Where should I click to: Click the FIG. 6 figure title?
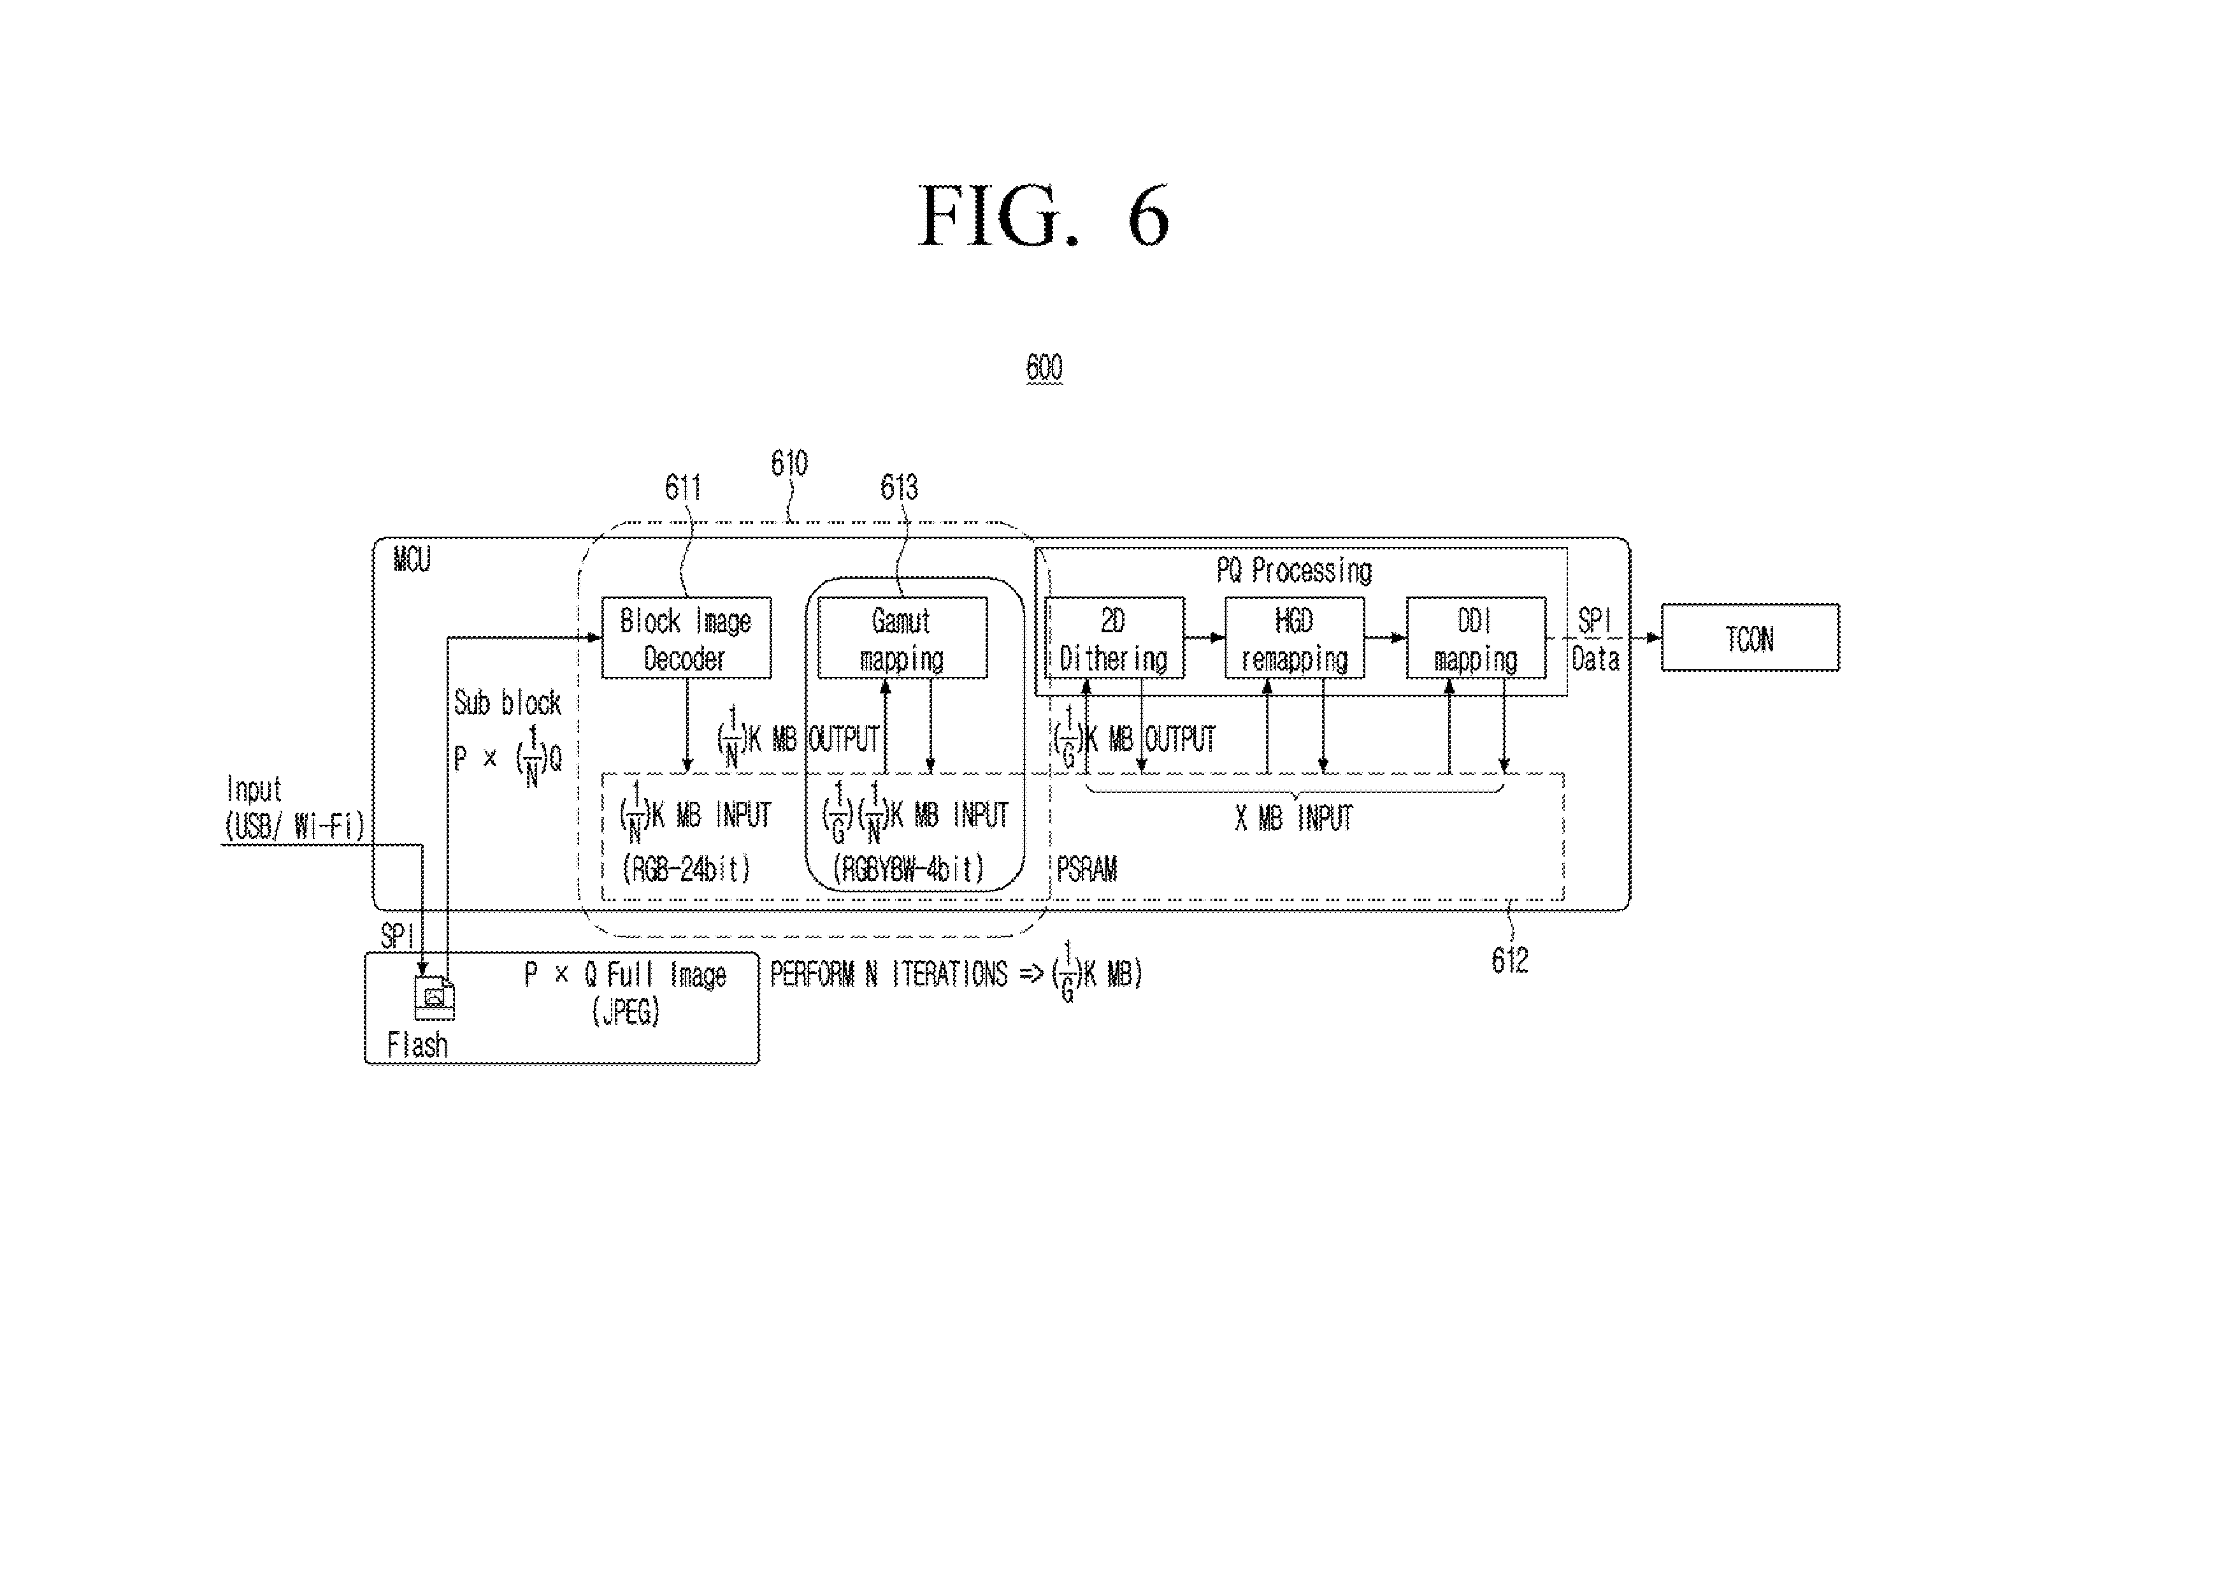(1044, 216)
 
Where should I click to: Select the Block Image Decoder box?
(686, 637)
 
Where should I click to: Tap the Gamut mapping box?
(902, 637)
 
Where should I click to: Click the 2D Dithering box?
(1114, 637)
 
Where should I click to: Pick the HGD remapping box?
(1295, 637)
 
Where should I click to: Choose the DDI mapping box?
(1476, 637)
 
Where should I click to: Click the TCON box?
(1750, 637)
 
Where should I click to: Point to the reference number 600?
(1044, 368)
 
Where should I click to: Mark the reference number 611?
(682, 487)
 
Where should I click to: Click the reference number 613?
(898, 487)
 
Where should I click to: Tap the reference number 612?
(1510, 961)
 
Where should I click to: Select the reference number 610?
(789, 463)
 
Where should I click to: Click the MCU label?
(412, 560)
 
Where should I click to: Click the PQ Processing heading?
(1294, 570)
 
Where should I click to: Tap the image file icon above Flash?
(434, 998)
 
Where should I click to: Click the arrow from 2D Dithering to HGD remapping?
(1205, 637)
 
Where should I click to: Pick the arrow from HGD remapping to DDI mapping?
(1385, 637)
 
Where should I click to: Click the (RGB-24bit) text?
(686, 868)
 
